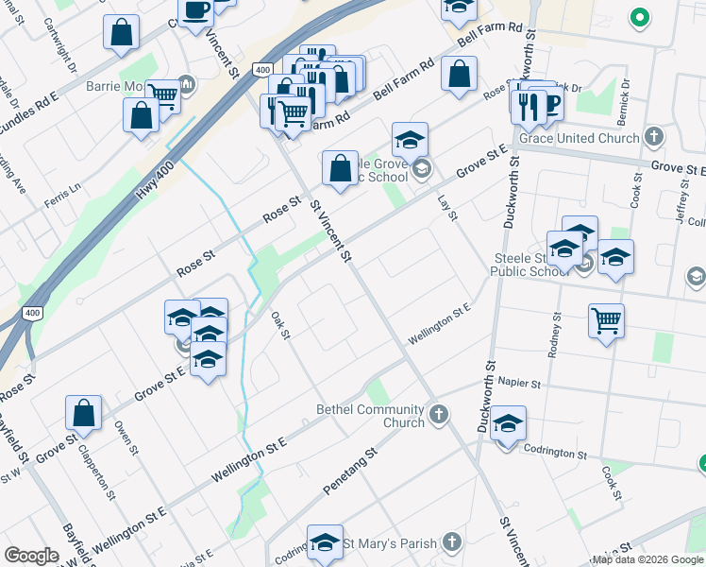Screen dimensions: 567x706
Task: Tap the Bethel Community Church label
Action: click(371, 416)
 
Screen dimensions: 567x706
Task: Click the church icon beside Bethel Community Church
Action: click(438, 414)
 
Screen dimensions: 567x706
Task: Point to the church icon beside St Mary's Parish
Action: click(452, 541)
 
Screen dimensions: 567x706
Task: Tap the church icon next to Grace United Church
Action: click(653, 138)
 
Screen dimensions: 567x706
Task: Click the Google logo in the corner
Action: click(31, 556)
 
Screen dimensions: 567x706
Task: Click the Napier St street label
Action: click(521, 385)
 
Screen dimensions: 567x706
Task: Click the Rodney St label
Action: click(555, 336)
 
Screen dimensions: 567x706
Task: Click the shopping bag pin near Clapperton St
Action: click(83, 412)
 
